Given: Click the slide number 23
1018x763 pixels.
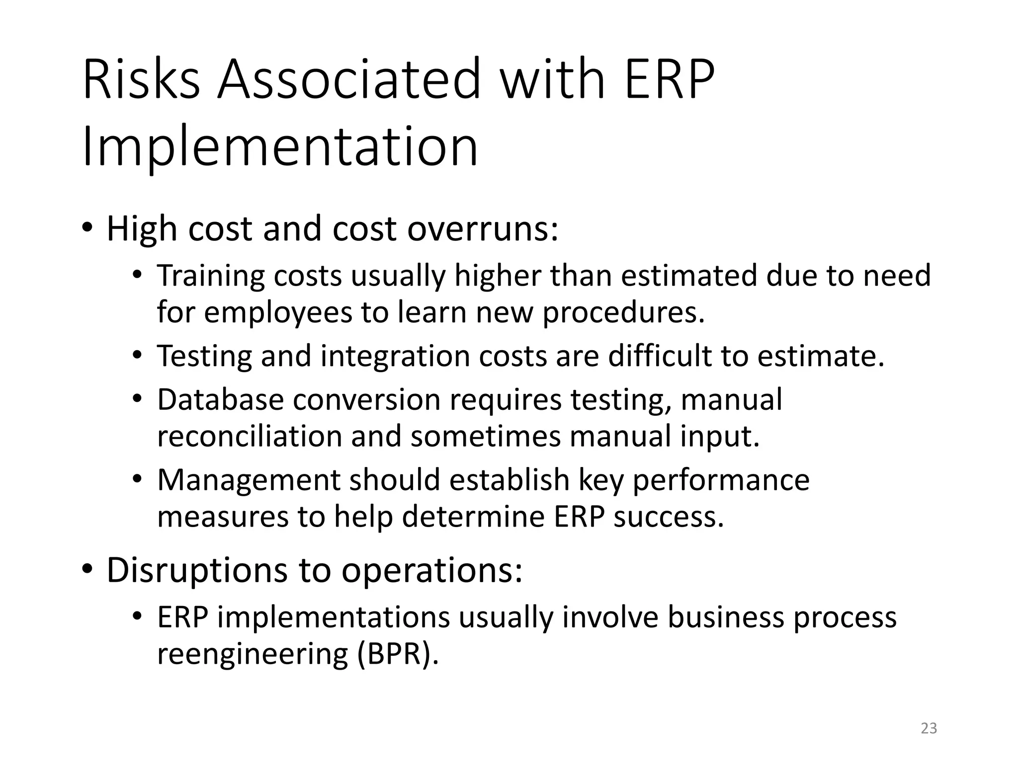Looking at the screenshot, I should (929, 728).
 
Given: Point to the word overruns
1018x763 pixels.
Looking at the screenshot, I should (483, 229).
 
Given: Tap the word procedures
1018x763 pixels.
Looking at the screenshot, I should (623, 313).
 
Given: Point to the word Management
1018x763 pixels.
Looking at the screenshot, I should (249, 480).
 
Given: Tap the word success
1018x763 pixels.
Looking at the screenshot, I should (669, 517).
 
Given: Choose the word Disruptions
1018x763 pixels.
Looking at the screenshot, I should (197, 570).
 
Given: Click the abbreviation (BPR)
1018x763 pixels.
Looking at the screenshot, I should (398, 654).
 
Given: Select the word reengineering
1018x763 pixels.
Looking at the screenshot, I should (252, 655).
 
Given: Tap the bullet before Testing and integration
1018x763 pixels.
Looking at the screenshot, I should (137, 356).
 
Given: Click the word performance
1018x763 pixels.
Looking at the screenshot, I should (721, 480).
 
